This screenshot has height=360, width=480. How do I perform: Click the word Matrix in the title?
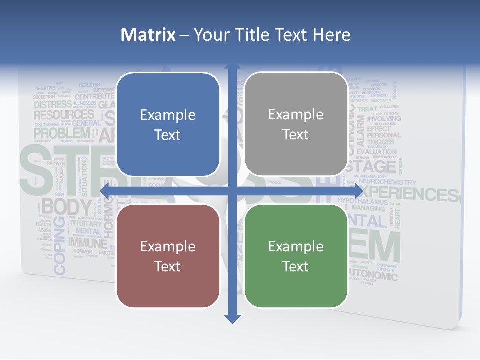(x=148, y=35)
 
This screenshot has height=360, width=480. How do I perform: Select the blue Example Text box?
(x=168, y=124)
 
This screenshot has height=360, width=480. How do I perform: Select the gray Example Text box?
(x=296, y=124)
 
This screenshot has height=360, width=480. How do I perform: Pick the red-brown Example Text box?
(x=168, y=256)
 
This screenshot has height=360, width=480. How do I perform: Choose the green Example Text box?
(x=296, y=256)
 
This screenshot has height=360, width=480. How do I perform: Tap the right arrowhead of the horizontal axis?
(x=358, y=191)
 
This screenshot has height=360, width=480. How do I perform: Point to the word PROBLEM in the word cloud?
(x=62, y=134)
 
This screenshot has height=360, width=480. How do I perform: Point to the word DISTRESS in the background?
(x=53, y=105)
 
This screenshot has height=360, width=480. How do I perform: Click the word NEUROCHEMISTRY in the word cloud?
(x=385, y=183)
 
